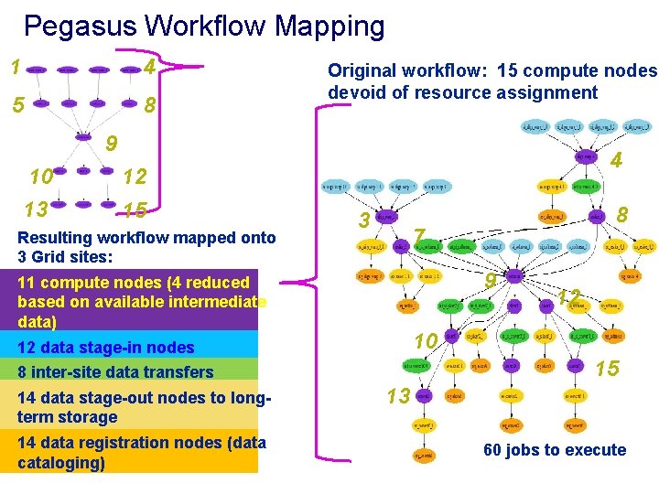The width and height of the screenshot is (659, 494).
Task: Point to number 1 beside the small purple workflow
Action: (x=15, y=67)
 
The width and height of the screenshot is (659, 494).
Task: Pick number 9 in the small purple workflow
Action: (x=111, y=144)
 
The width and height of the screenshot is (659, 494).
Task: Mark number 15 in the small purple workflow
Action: (x=135, y=210)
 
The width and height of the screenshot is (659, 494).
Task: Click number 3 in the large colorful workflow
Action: (x=364, y=220)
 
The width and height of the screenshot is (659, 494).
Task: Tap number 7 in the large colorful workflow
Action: (x=419, y=237)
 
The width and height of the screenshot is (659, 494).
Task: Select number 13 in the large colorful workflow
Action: (x=398, y=395)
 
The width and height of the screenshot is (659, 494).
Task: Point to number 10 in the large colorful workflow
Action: (x=426, y=341)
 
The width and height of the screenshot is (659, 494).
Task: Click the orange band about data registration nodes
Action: (x=137, y=453)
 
